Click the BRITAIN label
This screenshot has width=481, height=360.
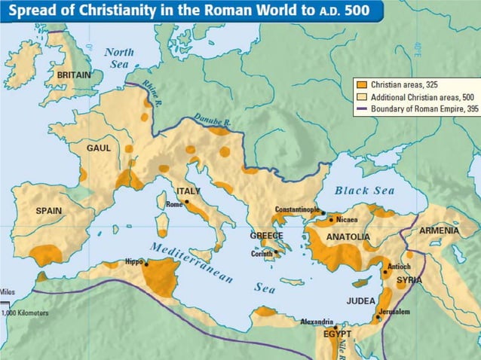click(74, 75)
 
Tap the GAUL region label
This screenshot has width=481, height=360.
click(99, 148)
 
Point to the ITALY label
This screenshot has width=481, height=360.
click(188, 192)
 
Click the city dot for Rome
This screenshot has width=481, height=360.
click(185, 203)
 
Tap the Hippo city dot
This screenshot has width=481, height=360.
click(147, 264)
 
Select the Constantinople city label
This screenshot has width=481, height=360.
click(297, 209)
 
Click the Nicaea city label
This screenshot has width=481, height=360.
click(347, 220)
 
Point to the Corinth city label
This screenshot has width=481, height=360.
click(262, 255)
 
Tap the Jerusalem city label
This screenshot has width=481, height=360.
click(394, 312)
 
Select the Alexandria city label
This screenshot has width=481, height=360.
click(317, 322)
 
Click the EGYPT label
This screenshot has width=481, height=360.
click(337, 333)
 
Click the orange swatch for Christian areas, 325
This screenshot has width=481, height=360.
click(360, 85)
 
